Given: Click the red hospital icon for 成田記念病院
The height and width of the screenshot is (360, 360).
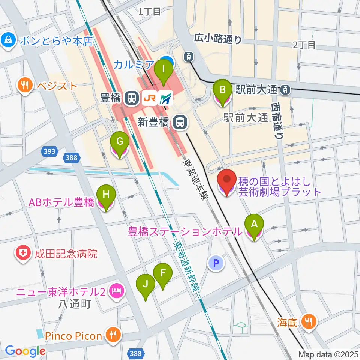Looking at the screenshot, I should pos(23,254).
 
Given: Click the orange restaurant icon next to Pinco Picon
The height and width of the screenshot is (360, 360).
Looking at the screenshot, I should pos(112,334).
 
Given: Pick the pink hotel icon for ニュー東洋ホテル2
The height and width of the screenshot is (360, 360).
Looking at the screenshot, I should pos(116,290).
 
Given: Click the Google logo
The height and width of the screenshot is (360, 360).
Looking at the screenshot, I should pos(25,351).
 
